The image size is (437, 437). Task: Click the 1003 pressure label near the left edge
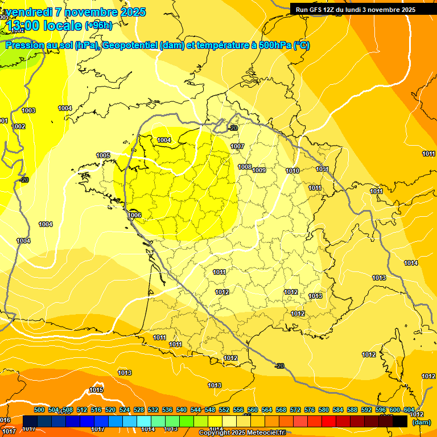28,110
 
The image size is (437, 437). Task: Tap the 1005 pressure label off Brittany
103,155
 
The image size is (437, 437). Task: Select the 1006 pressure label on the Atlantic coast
135,215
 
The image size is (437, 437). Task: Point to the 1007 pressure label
237,146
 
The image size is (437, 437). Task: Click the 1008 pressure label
245,167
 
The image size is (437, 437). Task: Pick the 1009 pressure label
259,170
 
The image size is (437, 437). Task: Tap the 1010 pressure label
292,171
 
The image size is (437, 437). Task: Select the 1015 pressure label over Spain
96,390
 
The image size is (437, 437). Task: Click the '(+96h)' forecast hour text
98,26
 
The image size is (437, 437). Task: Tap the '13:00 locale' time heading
44,26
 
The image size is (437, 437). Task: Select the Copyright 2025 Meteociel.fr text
242,432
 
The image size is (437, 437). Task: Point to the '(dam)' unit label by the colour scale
422,422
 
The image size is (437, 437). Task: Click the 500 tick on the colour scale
39,410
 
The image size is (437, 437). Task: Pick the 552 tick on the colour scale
224,410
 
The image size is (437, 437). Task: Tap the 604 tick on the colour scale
409,410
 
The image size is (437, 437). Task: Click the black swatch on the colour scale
400,421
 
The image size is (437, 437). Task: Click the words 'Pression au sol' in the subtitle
38,46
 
